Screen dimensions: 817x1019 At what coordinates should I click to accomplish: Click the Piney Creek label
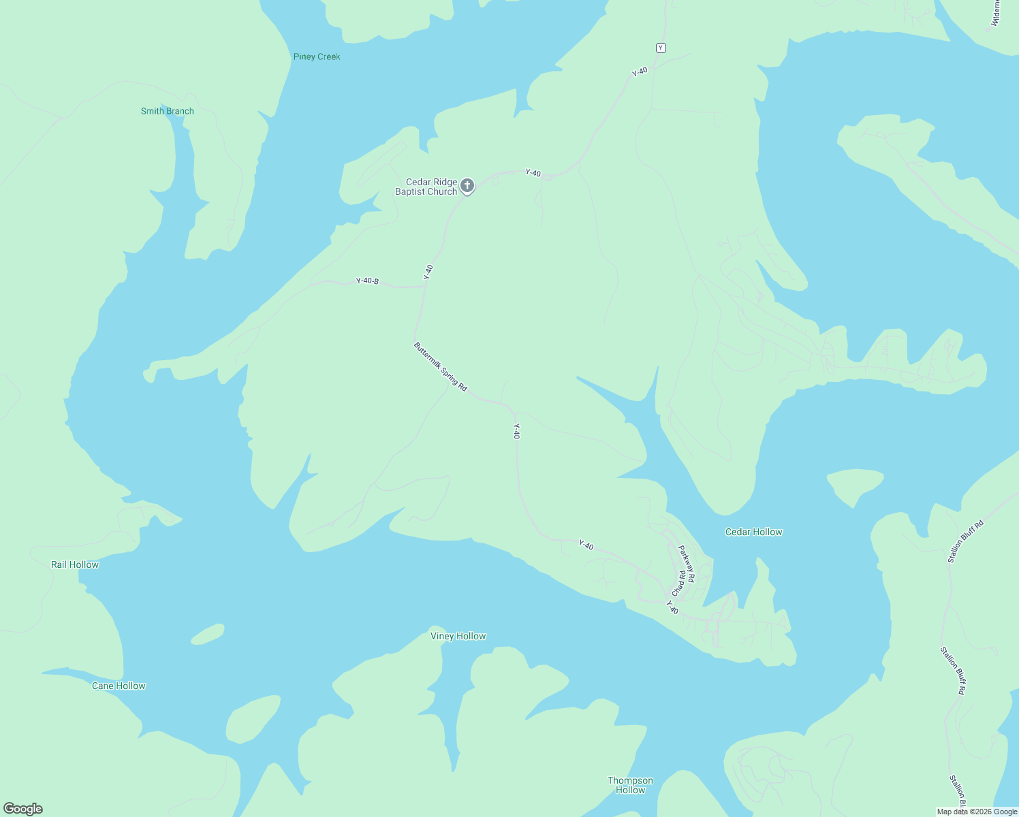[x=317, y=57]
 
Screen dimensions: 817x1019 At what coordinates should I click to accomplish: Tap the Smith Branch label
[x=167, y=111]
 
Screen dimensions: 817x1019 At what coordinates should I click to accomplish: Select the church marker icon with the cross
[x=467, y=185]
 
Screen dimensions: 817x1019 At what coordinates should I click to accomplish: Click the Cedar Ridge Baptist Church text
[x=426, y=187]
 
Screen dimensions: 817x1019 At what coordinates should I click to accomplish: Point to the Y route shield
[x=661, y=48]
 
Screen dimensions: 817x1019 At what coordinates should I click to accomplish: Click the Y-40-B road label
[x=367, y=281]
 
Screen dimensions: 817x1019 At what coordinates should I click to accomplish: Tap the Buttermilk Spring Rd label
[x=440, y=366]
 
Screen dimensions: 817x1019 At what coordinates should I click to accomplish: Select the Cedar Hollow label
[x=753, y=532]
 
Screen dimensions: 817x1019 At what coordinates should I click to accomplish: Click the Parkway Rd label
[x=687, y=564]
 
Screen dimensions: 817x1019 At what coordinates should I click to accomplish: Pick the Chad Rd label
[x=678, y=583]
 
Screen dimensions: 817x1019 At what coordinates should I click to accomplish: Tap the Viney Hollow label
[x=458, y=636]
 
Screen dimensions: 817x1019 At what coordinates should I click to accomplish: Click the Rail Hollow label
[x=75, y=564]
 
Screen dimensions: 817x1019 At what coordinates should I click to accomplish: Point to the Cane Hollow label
[x=119, y=686]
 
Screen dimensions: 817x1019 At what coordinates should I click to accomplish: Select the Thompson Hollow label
[x=630, y=785]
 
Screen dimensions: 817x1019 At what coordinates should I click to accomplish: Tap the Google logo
[x=23, y=809]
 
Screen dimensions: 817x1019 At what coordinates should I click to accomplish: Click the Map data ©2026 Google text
[x=977, y=812]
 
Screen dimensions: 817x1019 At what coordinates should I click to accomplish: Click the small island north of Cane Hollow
[x=208, y=634]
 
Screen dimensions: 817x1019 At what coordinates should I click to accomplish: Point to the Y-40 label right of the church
[x=533, y=173]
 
